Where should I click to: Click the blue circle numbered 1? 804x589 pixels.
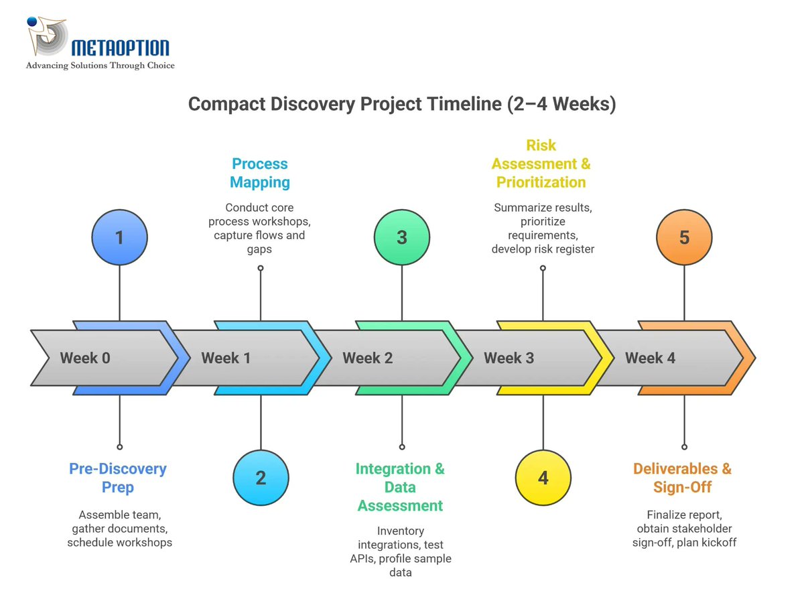pos(119,237)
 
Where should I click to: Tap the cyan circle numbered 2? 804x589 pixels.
pos(261,478)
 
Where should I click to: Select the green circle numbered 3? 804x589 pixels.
pos(402,237)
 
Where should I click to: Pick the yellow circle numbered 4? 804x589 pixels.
pos(543,478)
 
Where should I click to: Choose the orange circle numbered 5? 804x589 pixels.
pos(684,237)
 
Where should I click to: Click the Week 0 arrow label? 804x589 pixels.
pos(85,358)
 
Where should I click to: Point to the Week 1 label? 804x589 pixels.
pos(226,358)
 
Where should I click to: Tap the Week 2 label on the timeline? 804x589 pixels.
pos(367,358)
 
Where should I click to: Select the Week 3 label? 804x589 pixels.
pos(509,358)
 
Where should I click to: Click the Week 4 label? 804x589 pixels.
pos(650,358)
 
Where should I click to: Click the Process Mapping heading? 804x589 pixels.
pos(260,173)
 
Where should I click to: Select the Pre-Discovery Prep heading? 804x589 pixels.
pos(118,478)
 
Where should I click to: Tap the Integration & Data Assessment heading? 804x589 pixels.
pos(400,487)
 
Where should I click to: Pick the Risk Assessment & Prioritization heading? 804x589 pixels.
pos(541,163)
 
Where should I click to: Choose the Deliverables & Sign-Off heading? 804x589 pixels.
pos(682,478)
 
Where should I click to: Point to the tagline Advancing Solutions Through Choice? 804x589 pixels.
pos(100,66)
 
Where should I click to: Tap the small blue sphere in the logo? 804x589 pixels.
pos(31,22)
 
